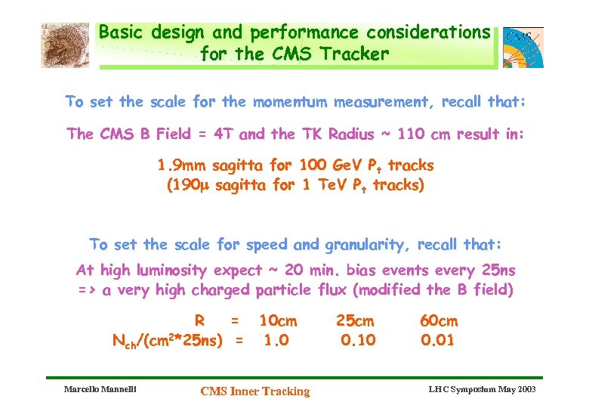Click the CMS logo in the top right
tap(523, 47)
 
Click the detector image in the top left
tap(65, 45)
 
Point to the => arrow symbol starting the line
tap(86, 290)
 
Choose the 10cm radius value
tap(278, 321)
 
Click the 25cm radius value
tap(355, 321)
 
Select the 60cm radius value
tap(439, 321)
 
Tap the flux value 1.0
tap(276, 341)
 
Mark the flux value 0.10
tap(357, 341)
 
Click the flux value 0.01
tap(438, 341)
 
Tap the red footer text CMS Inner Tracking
tap(254, 391)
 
